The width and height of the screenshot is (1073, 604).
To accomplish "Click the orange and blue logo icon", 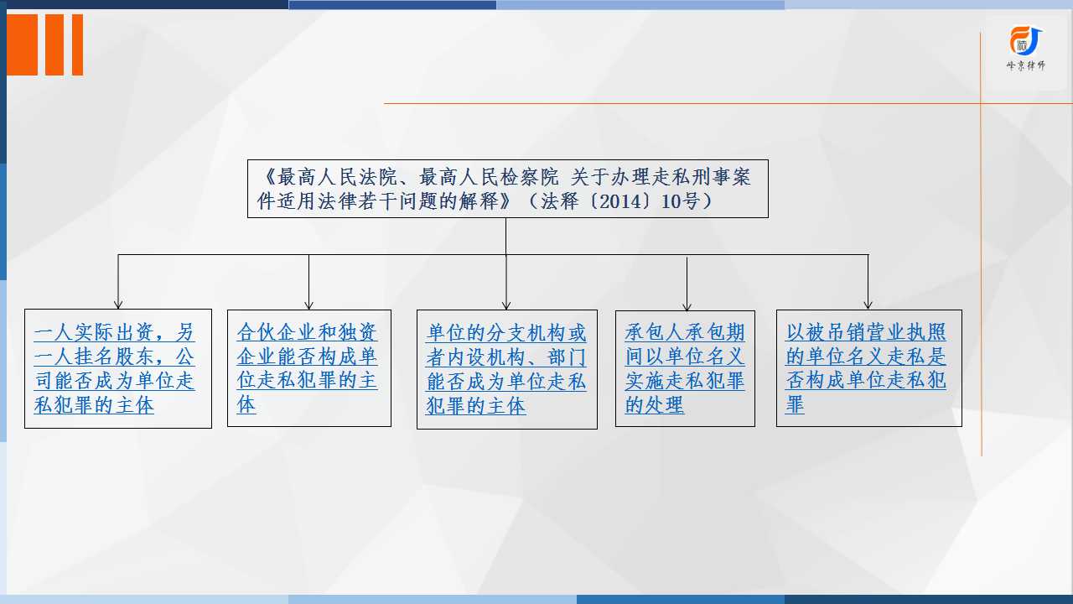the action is (1025, 41).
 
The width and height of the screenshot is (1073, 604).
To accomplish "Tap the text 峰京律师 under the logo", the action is (1025, 65).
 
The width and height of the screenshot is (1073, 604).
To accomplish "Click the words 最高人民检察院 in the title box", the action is (489, 177).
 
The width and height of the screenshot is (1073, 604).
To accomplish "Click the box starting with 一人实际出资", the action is (118, 368).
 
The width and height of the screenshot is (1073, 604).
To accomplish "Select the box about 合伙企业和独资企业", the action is (309, 368).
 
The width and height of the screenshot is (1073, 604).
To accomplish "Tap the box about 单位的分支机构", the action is (507, 369).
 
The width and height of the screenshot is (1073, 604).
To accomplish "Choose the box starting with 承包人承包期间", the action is (685, 368).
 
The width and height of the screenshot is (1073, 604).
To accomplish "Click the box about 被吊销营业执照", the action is (869, 368).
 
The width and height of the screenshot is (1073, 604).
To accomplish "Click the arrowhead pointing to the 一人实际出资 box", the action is (118, 305).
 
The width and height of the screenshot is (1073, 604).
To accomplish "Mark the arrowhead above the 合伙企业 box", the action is (309, 305).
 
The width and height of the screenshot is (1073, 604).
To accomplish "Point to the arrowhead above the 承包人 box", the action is (687, 306).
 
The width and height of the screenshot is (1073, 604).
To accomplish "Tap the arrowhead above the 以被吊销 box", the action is (868, 305).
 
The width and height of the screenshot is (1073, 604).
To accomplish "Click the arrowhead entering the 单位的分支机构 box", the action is (506, 305).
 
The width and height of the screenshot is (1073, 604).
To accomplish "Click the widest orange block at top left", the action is (22, 44).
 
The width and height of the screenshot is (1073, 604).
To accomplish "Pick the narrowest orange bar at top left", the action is (78, 44).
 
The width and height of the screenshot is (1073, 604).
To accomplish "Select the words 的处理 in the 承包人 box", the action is (655, 405).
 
